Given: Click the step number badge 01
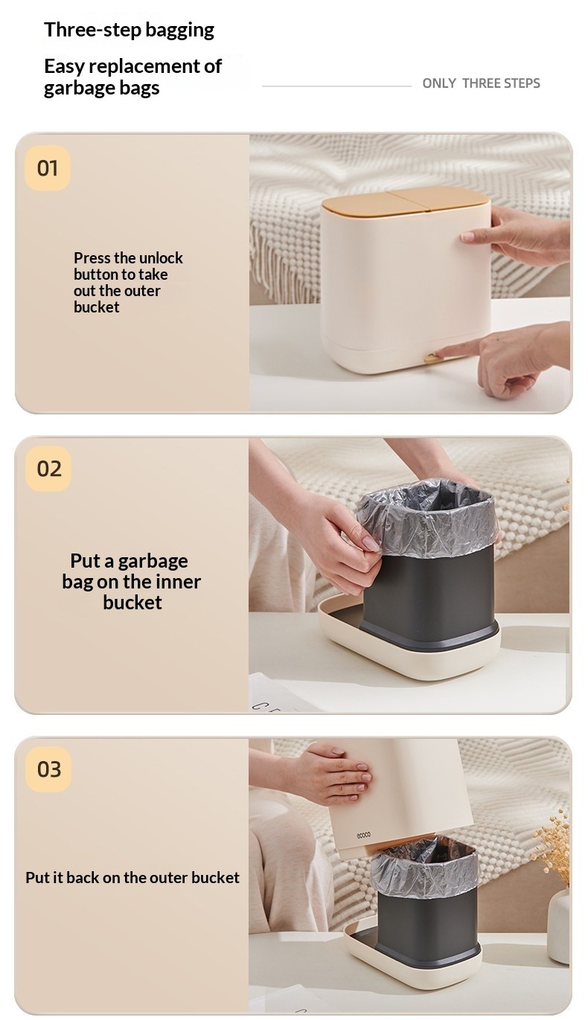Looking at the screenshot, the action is tap(48, 168).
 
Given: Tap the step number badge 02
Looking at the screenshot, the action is tap(48, 469).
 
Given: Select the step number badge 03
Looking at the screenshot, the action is tap(48, 769).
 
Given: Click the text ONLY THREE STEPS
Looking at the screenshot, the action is tap(481, 83).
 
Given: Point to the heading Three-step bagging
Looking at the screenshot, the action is tap(129, 30).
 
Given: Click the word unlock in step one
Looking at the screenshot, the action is tap(160, 258).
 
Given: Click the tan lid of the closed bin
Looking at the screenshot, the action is tap(404, 202).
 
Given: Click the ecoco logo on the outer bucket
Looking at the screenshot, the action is tap(363, 835).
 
